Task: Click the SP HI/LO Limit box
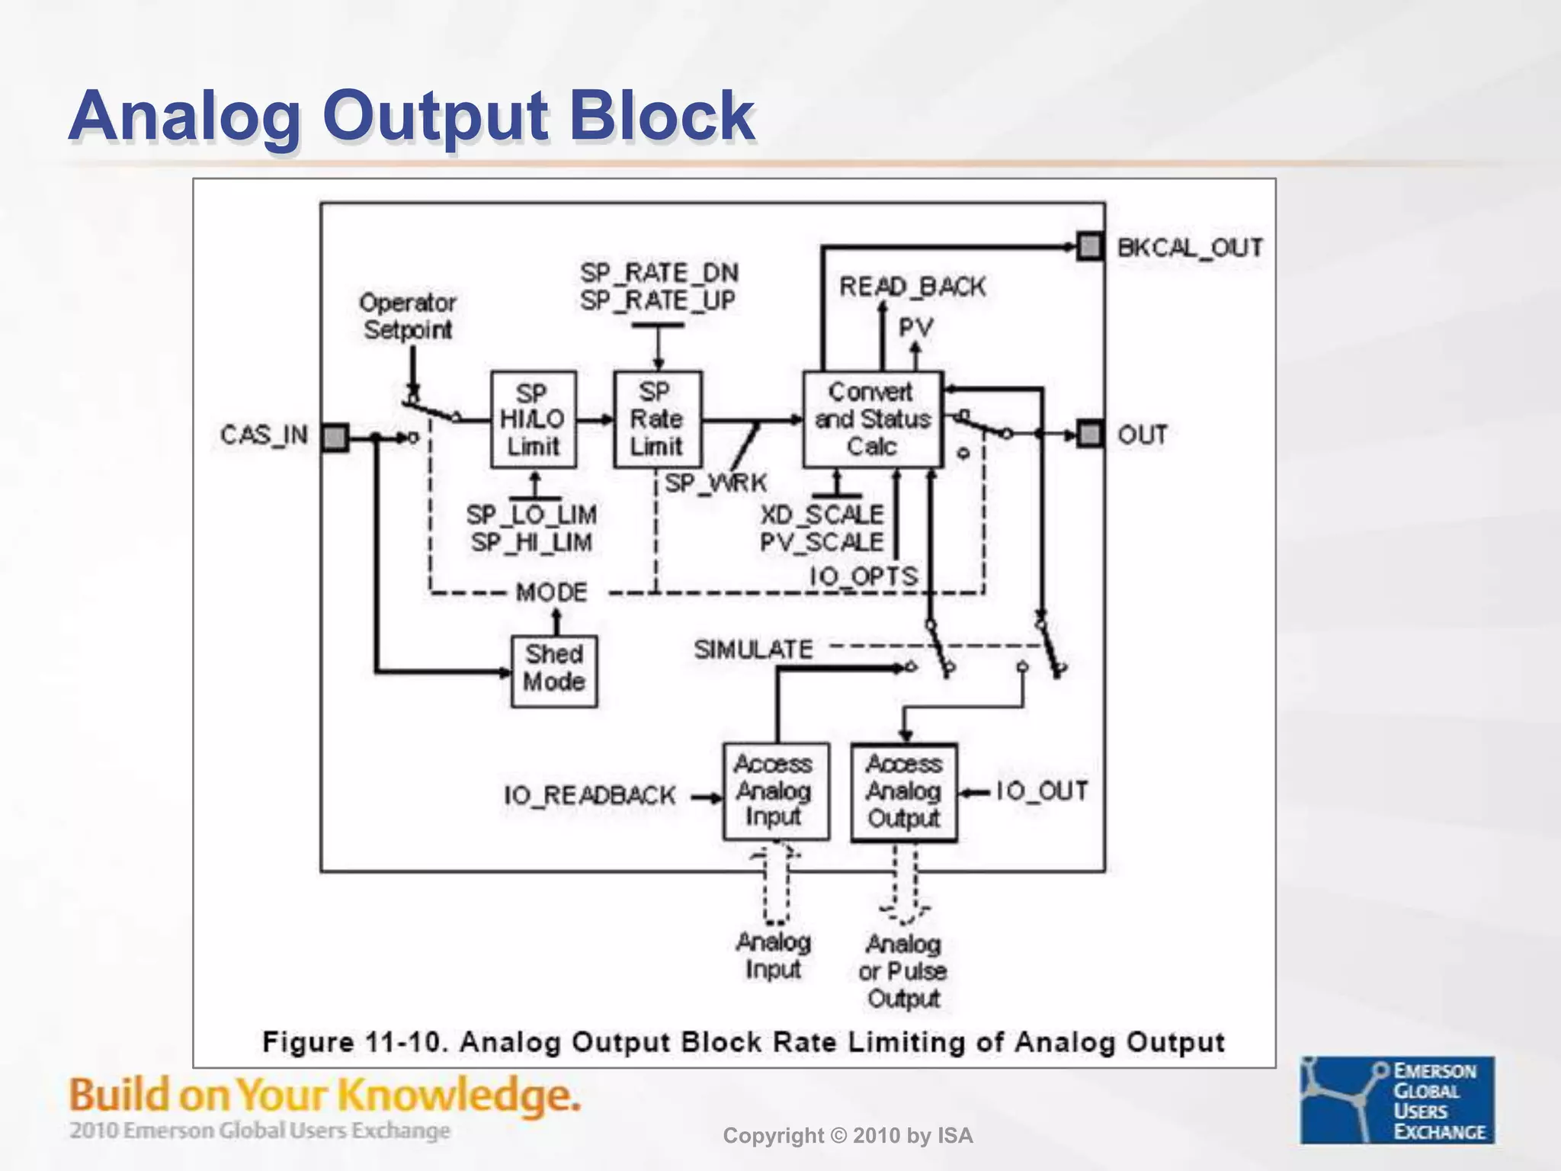(x=533, y=419)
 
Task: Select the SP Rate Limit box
(x=657, y=419)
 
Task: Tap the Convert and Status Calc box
(x=873, y=419)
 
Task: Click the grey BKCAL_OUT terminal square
(x=1091, y=247)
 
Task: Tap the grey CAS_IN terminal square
(x=335, y=438)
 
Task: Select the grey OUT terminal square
(x=1091, y=435)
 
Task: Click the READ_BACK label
(x=912, y=287)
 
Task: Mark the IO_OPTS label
(x=864, y=576)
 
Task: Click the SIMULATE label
(x=753, y=650)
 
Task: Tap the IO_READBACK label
(x=589, y=796)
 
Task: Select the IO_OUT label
(x=1042, y=791)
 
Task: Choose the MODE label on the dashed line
(x=551, y=592)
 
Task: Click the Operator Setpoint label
(x=408, y=316)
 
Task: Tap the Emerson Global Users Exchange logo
(x=1397, y=1099)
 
